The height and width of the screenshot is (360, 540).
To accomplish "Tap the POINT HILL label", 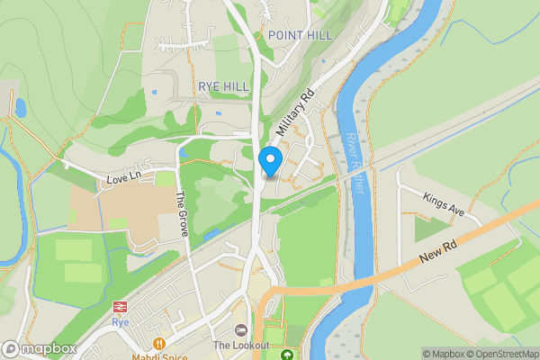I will pyautogui.click(x=300, y=35).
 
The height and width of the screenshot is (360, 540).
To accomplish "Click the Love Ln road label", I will pyautogui.click(x=125, y=175).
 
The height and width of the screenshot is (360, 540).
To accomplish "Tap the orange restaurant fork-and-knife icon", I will pyautogui.click(x=159, y=343).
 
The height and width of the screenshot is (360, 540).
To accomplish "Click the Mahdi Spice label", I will pyautogui.click(x=158, y=356).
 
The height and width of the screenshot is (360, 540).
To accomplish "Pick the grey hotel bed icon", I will pyautogui.click(x=240, y=330).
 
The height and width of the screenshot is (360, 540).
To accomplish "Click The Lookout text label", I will pyautogui.click(x=241, y=346).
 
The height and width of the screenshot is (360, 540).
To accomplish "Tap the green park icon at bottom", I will pyautogui.click(x=287, y=355).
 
